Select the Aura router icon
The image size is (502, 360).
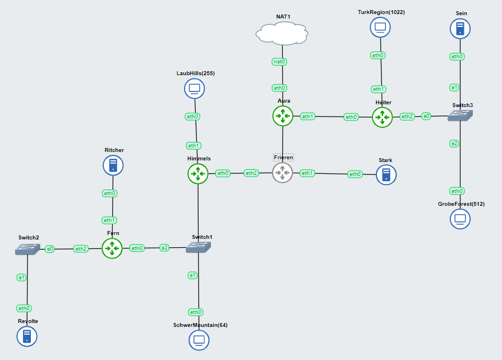point(283,116)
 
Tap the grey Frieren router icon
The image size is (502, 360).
point(283,173)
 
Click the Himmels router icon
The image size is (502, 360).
point(197,174)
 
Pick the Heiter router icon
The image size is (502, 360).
point(383,117)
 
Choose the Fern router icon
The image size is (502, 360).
point(112,248)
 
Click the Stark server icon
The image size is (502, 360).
point(386,174)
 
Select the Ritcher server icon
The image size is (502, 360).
point(113,165)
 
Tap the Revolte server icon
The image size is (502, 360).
point(26,336)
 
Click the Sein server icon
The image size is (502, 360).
point(460,29)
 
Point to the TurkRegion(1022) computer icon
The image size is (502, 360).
point(380,27)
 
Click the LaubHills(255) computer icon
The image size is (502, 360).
point(195,88)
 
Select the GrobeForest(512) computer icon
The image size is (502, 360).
point(460,219)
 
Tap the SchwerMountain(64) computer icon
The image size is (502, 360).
point(199,340)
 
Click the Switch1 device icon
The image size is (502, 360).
point(199,247)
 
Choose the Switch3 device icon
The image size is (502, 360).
point(460,115)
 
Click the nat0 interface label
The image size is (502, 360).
point(279,62)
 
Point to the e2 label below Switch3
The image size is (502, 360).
point(454,144)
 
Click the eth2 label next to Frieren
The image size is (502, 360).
point(251,173)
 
